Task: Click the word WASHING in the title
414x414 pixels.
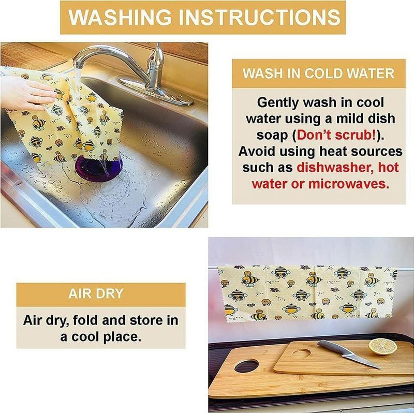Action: pos(120,17)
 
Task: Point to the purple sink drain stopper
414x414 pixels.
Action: pos(99,169)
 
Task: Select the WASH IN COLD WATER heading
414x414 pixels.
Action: pos(318,73)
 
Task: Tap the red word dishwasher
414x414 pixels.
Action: pos(335,168)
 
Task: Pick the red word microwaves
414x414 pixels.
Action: pos(348,184)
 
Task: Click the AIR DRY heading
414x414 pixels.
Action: pos(96,293)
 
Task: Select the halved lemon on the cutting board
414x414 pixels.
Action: pos(382,346)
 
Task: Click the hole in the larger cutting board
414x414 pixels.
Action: pos(246,366)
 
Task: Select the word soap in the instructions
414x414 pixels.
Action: pos(272,136)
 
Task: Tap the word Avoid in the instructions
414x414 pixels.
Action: pos(257,151)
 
